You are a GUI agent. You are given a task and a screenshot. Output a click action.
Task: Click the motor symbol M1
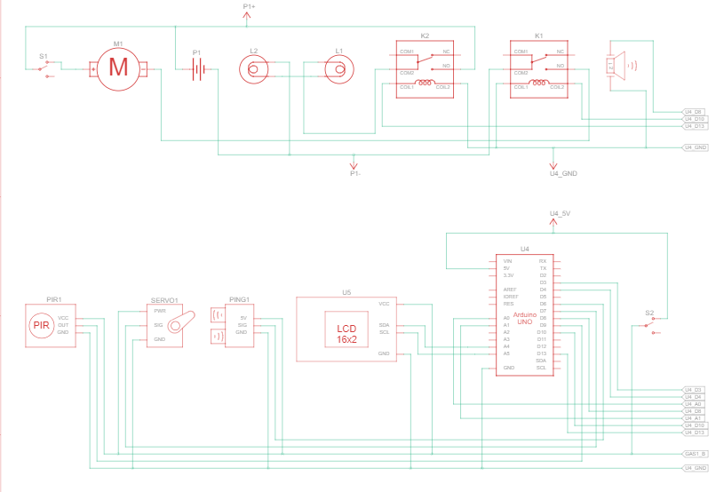(118, 67)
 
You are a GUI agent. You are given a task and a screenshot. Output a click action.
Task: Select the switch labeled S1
(44, 68)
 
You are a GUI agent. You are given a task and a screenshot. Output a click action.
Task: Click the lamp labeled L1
(337, 67)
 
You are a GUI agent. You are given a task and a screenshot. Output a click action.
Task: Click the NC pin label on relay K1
(560, 52)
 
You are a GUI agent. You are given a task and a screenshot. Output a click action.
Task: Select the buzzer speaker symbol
(620, 65)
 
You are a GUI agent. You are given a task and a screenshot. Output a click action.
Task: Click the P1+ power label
(249, 7)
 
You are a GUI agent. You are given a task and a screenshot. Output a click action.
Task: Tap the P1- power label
(354, 173)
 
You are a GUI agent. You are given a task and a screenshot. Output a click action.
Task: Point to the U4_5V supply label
(560, 214)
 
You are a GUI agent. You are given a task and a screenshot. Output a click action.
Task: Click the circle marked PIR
(42, 326)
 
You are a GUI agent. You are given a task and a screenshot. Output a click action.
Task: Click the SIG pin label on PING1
(242, 325)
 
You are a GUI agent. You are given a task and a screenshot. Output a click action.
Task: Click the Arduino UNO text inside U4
(524, 319)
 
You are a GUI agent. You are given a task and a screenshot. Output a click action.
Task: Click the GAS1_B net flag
(696, 453)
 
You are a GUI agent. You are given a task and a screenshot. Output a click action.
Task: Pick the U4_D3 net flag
(693, 390)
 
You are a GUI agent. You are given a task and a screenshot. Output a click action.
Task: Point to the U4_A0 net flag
(693, 404)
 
